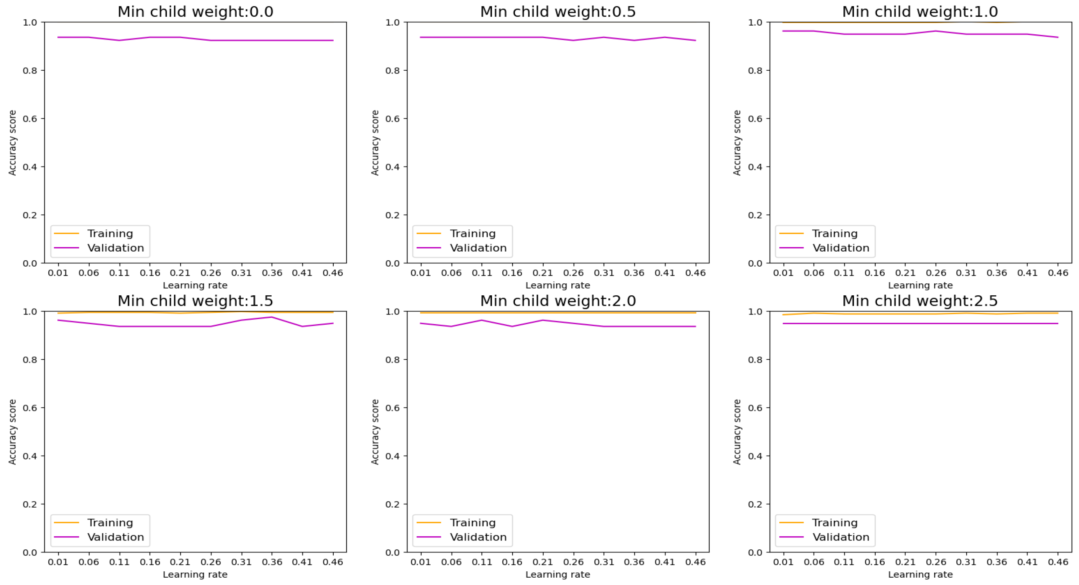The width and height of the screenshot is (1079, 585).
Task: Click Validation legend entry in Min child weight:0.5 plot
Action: point(478,248)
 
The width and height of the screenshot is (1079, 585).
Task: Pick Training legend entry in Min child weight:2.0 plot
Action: point(473,523)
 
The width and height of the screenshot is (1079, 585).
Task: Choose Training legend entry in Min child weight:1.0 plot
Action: point(834,233)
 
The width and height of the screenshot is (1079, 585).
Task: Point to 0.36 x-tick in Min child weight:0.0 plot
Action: point(272,273)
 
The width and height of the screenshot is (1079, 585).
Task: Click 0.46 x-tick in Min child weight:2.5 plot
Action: point(1058,562)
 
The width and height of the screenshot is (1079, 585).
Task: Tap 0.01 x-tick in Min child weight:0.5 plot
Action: point(420,273)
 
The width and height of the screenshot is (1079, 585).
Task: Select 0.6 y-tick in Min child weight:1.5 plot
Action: point(30,408)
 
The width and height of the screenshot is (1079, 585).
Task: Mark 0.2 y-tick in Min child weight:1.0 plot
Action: point(755,215)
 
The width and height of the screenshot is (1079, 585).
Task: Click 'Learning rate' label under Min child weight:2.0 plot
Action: point(557,575)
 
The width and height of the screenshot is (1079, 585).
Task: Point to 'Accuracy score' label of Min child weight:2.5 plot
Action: point(737,432)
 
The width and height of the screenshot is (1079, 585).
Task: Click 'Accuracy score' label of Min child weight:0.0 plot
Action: point(12,143)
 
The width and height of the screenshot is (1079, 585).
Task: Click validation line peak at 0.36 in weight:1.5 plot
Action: point(272,317)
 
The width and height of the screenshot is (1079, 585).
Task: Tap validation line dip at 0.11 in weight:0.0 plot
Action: point(119,40)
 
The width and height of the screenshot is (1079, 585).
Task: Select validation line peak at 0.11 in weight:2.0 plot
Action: point(482,320)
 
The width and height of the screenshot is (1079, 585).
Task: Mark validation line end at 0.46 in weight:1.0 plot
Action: point(1058,37)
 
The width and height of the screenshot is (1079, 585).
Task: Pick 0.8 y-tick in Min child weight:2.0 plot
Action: point(392,360)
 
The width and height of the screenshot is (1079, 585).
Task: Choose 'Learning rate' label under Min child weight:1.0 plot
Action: point(920,285)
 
